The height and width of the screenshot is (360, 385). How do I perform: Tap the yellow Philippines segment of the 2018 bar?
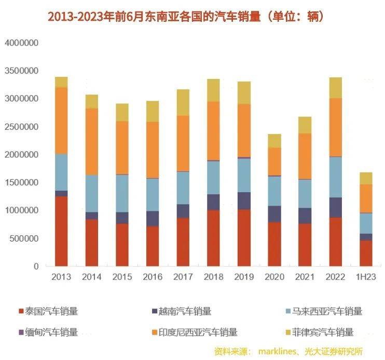coord(213,90)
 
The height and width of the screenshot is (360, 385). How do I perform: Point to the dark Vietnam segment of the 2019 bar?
coord(243,201)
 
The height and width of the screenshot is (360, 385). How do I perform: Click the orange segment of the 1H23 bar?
coord(366,198)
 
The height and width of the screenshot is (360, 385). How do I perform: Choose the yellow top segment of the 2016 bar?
coord(153,111)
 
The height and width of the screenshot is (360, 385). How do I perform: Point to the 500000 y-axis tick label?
coord(24,238)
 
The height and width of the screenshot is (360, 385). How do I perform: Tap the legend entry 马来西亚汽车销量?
coord(327,312)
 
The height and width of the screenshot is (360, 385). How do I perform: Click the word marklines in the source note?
coord(278,351)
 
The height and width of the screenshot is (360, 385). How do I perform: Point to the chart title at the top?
coord(186,17)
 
